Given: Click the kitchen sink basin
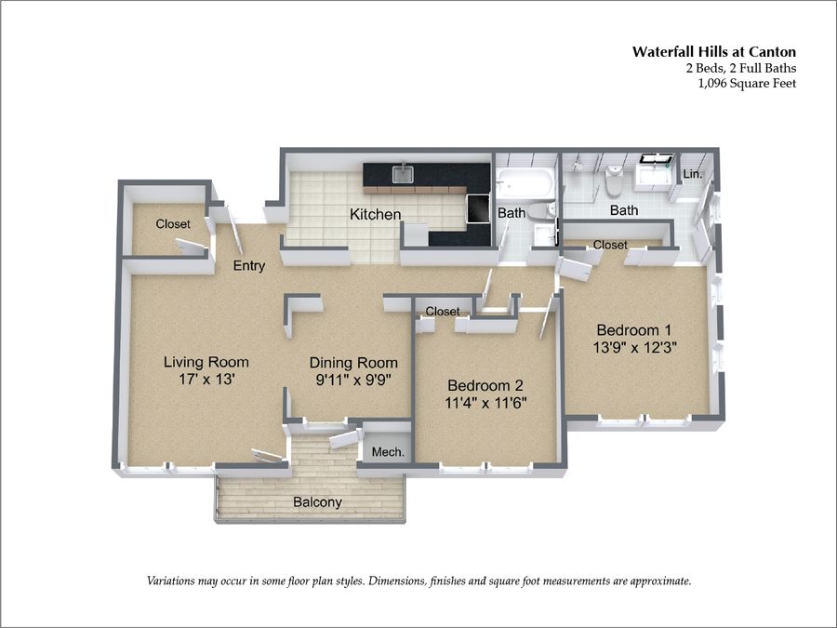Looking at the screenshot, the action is pos(403,174).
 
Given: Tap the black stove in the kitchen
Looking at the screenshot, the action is pos(477,208).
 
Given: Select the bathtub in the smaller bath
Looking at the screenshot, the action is pos(523,183).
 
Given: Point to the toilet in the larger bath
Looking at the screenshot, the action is pos(614,181).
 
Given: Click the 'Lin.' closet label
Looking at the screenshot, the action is pos(692,174).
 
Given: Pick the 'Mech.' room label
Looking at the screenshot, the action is pos(388,452).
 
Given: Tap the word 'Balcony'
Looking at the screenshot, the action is pos(318,502).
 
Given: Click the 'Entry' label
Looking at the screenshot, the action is pos(249,266).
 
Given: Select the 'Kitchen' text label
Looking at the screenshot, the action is pos(376,215).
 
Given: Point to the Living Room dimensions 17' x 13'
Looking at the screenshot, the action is pos(207,380).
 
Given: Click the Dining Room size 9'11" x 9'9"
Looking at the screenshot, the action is pos(354,380).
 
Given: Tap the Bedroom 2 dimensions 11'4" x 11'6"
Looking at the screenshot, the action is pos(485,402).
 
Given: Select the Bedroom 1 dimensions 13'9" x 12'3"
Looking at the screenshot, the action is pos(634,347).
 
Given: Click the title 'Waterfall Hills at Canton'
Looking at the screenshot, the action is pos(714,52).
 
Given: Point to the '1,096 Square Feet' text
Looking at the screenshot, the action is pos(748,84).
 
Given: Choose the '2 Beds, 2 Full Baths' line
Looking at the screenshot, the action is pos(741,68).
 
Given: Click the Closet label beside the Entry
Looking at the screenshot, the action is pos(173,224).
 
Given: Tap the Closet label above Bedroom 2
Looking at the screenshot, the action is pos(443,312).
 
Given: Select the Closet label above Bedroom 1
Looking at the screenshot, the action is pos(610,245).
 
